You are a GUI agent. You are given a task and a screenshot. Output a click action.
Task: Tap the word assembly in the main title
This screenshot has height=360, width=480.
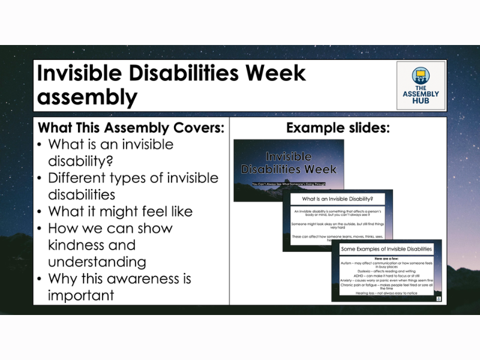coord(87,96)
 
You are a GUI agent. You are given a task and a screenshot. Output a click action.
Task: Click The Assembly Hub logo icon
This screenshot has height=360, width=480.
coord(421,76)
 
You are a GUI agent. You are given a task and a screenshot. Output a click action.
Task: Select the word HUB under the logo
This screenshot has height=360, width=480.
coord(421,102)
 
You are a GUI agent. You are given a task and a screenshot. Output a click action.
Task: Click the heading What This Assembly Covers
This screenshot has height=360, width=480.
coord(131,128)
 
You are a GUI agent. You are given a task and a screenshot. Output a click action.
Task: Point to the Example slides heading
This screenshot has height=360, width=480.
coord(338,128)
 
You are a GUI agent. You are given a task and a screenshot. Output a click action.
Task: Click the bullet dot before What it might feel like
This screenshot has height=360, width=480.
coord(40,212)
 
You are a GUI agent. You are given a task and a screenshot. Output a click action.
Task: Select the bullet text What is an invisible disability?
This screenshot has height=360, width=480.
coord(110,153)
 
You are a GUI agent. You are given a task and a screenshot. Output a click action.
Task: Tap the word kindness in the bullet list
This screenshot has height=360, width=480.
coord(92,245)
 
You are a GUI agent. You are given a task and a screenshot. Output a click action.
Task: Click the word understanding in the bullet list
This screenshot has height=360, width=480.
coord(97,262)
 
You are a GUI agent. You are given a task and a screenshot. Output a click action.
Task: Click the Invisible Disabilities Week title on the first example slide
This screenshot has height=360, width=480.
coord(288,163)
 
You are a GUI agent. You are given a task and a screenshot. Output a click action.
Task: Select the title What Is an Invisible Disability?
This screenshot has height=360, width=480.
coord(337,199)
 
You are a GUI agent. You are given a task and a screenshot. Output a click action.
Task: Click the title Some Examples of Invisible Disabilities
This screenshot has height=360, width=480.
coord(386,248)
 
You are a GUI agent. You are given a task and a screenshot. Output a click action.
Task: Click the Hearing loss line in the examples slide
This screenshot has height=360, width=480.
coord(386,293)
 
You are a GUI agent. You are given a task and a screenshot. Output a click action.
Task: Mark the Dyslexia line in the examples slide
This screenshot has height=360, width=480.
coord(386,271)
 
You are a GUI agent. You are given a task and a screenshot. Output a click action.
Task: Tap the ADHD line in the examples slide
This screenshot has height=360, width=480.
coord(386,276)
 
